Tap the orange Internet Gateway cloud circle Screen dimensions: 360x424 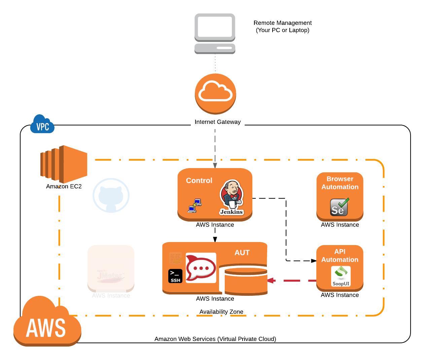point(215,93)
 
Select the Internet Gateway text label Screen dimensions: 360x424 point(217,122)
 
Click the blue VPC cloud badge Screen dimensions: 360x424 point(42,125)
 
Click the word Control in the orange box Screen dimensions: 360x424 point(199,181)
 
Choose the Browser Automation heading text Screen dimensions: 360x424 point(340,183)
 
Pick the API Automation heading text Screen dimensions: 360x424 point(340,255)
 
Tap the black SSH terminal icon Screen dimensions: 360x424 point(175,276)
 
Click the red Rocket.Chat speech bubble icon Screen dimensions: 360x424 point(201,268)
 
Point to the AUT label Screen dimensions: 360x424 point(242,253)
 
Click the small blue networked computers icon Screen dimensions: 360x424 point(195,206)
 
